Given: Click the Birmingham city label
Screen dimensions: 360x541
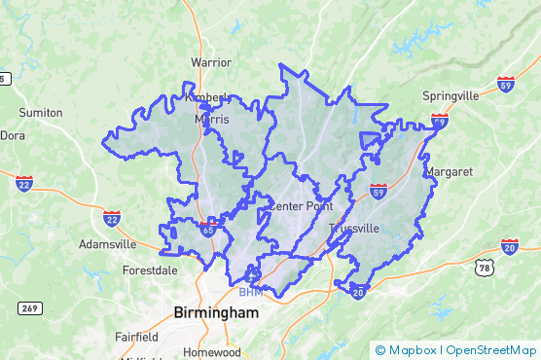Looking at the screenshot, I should [216, 312].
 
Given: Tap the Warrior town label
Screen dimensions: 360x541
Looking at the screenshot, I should [211, 62].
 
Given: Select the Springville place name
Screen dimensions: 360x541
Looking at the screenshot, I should [451, 96].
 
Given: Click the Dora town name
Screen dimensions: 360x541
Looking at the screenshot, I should [13, 135].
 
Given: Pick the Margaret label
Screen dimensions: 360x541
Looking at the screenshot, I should [449, 171].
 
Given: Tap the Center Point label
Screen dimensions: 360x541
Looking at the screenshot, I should [300, 206].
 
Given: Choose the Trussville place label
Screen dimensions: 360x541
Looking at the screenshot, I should [353, 229].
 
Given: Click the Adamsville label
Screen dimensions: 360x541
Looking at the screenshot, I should [107, 243].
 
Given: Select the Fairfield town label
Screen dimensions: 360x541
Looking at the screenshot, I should [135, 337].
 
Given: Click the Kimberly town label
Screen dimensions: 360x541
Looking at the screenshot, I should [206, 97].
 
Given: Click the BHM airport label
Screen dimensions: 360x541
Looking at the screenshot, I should [250, 292].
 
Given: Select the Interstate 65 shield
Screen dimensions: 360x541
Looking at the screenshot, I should [207, 228].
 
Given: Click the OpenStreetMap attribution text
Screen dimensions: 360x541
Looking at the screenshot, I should [491, 350].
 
